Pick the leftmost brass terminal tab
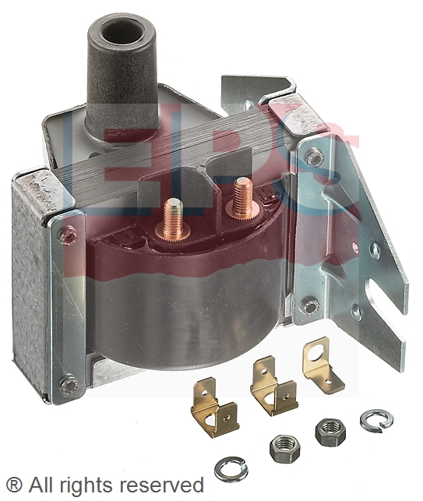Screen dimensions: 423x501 [215, 407]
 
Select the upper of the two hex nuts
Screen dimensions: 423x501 [330, 432]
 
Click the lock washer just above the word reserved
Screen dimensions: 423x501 [231, 469]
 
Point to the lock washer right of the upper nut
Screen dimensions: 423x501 [376, 419]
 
